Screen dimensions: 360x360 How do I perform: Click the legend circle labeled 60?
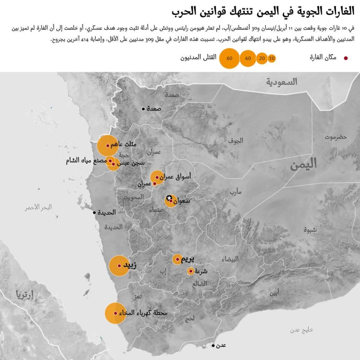click(x=229, y=58)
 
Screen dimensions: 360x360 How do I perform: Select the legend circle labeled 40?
click(x=248, y=58)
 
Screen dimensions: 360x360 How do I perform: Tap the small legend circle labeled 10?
click(x=271, y=58)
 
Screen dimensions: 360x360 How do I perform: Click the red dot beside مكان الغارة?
click(x=346, y=58)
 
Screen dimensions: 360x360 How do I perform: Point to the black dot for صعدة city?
click(x=143, y=109)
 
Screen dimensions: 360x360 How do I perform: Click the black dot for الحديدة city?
click(x=94, y=212)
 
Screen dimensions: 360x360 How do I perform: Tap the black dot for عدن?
click(x=213, y=346)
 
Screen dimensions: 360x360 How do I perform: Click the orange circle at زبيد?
click(x=119, y=266)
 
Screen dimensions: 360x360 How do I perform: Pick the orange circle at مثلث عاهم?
click(x=107, y=145)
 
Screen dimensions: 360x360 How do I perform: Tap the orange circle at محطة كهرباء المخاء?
click(x=115, y=313)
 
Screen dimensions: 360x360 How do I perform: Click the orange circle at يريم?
click(x=177, y=260)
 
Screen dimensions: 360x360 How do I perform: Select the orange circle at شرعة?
click(x=191, y=271)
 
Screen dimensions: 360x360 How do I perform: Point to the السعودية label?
click(x=282, y=82)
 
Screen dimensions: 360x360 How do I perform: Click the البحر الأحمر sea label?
click(x=38, y=207)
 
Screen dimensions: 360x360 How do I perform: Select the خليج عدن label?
click(x=301, y=330)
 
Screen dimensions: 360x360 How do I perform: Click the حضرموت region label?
click(x=336, y=137)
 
